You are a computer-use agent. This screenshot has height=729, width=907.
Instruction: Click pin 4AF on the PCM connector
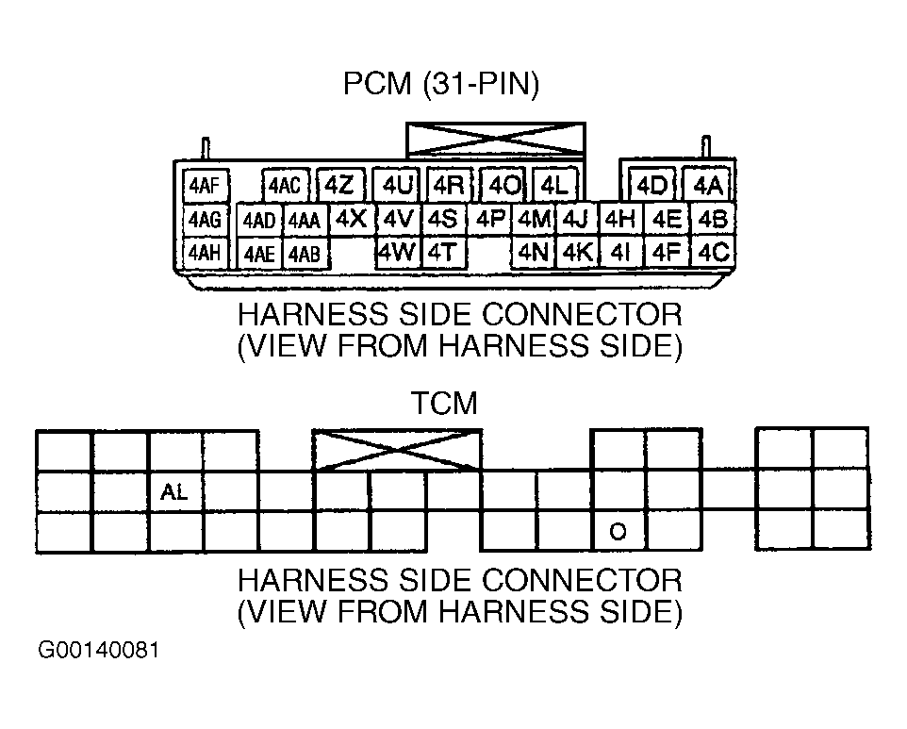point(206,186)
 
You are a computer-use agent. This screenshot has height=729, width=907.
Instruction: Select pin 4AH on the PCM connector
point(206,253)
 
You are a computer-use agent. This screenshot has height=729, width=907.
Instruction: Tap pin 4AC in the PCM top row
point(285,186)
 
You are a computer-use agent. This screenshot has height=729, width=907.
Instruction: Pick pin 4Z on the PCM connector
point(340,186)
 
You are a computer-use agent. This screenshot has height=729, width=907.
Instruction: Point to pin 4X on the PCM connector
point(352,220)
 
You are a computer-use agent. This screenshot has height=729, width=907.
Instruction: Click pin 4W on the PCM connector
point(397,252)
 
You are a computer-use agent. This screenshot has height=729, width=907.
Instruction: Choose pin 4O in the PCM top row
point(503,186)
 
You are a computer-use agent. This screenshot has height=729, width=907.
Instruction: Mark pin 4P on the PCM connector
point(490,220)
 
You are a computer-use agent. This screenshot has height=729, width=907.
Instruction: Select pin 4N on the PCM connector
point(534,252)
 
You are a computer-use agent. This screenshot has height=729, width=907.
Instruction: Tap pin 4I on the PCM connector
point(620,252)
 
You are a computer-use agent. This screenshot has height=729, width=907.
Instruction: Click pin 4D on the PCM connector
point(652,186)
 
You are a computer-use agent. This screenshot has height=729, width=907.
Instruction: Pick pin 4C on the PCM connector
point(713,252)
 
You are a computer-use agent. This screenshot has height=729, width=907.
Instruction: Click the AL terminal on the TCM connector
point(175,491)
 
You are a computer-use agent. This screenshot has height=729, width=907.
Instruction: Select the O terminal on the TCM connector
point(618,531)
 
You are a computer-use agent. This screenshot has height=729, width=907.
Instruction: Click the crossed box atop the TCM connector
point(397,450)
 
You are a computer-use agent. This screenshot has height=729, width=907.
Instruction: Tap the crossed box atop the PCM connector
point(496,139)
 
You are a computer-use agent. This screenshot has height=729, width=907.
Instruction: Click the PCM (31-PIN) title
point(441,84)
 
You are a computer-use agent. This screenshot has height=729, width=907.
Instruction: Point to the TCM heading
point(444,403)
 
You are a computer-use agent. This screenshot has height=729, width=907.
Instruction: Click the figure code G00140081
point(98,651)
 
